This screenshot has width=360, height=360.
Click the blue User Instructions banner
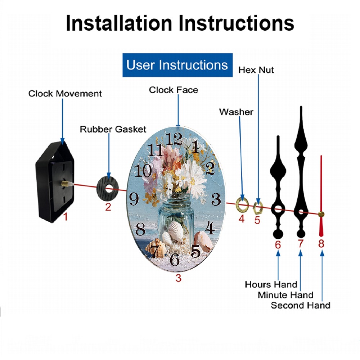(x=177, y=65)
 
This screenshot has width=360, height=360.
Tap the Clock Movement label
(x=65, y=94)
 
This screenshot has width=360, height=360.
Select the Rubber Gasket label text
(x=113, y=129)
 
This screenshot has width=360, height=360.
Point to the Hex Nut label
(x=256, y=70)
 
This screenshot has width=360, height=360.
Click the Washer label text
(x=236, y=112)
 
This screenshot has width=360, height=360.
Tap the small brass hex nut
(x=258, y=208)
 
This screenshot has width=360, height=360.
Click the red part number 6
(x=278, y=245)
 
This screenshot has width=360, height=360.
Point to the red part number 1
(x=66, y=216)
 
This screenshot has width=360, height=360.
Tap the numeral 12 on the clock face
(x=174, y=139)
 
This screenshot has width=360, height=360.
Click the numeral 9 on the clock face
(x=134, y=199)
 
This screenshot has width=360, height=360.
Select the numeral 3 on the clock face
(x=216, y=199)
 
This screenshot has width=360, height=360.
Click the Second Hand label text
(x=301, y=305)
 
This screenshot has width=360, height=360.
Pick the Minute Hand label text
(x=285, y=295)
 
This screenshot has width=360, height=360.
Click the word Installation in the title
(x=119, y=23)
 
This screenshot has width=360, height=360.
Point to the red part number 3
(x=179, y=278)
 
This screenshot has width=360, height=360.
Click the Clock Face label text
(x=174, y=90)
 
